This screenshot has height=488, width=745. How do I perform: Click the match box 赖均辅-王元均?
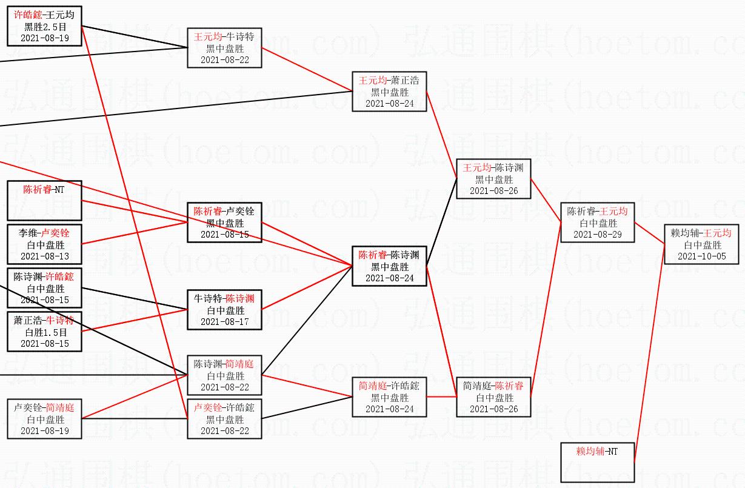(702, 244)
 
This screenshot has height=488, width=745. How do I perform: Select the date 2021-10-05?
(702, 256)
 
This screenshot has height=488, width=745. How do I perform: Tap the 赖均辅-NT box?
(597, 462)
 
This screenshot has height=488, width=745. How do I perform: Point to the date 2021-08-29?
(597, 234)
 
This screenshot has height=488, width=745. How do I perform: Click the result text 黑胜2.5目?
(45, 27)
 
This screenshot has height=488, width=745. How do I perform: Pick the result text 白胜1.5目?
(45, 332)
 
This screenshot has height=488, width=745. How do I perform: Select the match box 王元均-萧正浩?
(389, 92)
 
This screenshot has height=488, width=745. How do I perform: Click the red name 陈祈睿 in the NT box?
(38, 190)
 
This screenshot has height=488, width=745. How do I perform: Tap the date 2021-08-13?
(45, 256)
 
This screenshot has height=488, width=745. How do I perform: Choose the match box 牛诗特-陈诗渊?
(224, 309)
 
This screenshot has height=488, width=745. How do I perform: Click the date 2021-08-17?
(224, 321)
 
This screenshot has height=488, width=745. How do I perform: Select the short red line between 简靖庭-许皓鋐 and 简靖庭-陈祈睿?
(441, 397)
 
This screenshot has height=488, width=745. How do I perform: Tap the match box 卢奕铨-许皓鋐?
(224, 418)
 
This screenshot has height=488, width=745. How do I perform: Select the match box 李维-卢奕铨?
(45, 244)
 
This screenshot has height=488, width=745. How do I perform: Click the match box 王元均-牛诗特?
(224, 48)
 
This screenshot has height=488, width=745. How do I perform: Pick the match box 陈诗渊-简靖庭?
(224, 375)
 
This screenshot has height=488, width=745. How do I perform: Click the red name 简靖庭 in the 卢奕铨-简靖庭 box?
(59, 408)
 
